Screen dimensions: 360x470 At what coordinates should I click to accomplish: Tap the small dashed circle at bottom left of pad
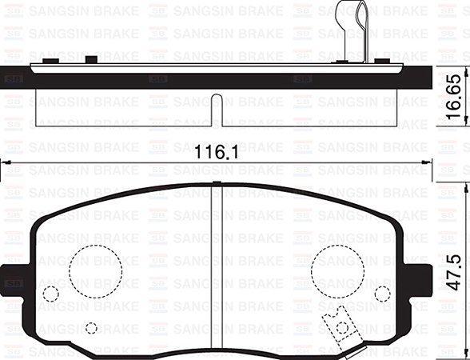(x=91, y=328)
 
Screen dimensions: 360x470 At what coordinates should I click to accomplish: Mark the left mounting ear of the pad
(x=16, y=278)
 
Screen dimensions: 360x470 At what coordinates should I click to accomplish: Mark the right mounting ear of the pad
(x=418, y=278)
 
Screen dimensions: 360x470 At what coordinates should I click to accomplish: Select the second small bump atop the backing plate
(x=91, y=60)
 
